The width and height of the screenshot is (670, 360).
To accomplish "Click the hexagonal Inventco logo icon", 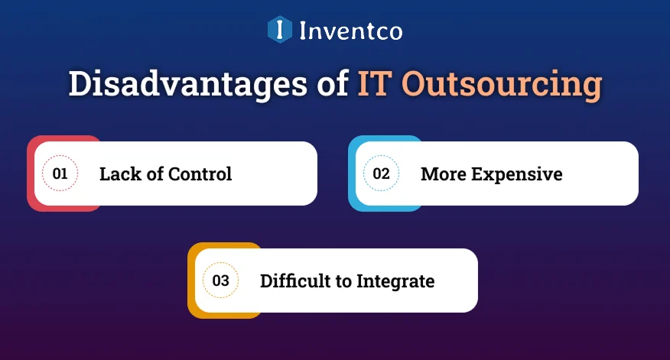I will click(x=280, y=30).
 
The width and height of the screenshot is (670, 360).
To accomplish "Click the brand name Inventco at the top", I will click(x=350, y=31).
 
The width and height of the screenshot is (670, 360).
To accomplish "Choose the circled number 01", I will click(x=60, y=174).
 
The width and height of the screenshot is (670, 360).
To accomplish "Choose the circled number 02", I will click(x=381, y=174).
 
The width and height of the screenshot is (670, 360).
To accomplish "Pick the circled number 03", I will click(x=220, y=281).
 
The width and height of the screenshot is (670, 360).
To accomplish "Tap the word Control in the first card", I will click(x=201, y=174).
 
